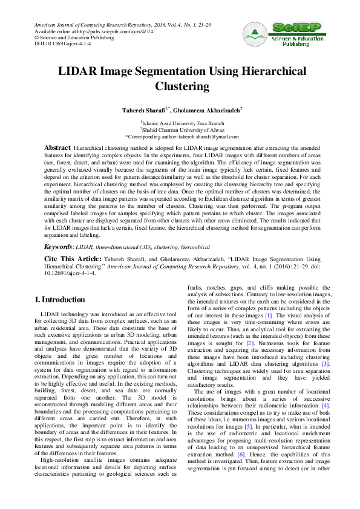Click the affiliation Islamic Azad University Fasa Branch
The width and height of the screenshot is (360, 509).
pos(183,123)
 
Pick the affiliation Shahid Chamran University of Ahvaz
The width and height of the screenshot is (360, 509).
pos(183,129)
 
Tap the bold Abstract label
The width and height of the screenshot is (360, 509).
pos(57,148)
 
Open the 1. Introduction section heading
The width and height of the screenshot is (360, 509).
pos(60,300)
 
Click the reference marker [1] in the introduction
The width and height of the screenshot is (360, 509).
pos(269,316)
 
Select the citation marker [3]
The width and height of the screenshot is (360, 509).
pos(324,364)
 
